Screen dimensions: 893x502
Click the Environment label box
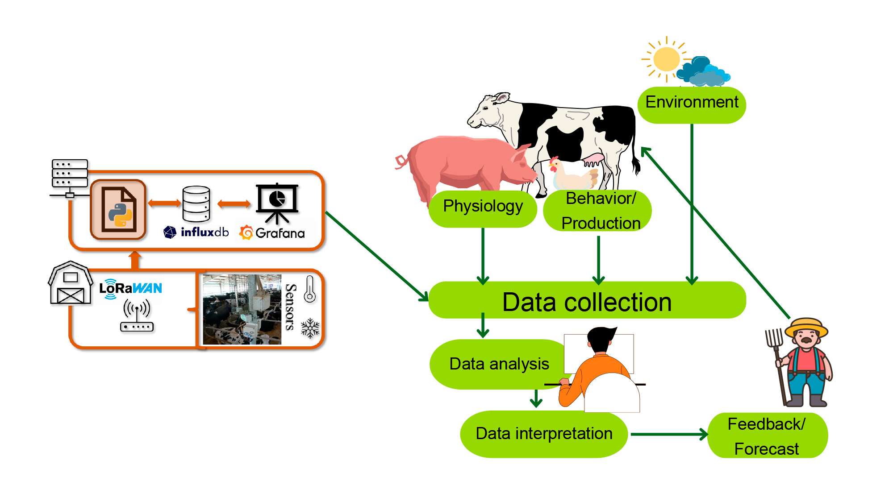692,105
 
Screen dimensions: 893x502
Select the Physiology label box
483,208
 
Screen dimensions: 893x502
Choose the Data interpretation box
544,434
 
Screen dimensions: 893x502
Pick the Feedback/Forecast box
768,436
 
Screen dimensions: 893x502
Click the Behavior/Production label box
597,211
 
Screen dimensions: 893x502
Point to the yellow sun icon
666,59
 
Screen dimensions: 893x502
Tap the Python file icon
118,210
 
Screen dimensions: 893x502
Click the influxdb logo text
204,232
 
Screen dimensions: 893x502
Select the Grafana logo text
280,233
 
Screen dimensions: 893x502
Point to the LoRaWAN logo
130,289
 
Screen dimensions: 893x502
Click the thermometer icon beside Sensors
310,290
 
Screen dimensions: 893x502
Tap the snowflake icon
310,328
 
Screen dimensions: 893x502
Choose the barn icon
71,283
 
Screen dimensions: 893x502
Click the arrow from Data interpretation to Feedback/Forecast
669,434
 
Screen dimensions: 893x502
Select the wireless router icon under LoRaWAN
137,316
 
